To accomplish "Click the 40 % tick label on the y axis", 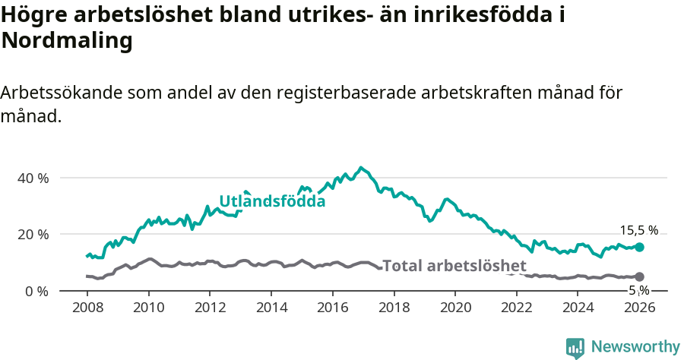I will pyautogui.click(x=33, y=178).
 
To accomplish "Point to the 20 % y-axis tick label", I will pyautogui.click(x=33, y=234).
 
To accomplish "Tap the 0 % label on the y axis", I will pyautogui.click(x=36, y=291).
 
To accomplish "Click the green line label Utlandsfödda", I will pyautogui.click(x=272, y=201).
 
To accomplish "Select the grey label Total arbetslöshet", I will pyautogui.click(x=454, y=266).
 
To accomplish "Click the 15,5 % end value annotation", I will pyautogui.click(x=638, y=230).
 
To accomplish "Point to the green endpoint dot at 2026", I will pyautogui.click(x=639, y=247).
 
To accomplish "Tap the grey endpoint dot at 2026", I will pyautogui.click(x=639, y=276).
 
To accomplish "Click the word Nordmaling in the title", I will pyautogui.click(x=67, y=41).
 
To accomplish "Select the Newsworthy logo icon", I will pyautogui.click(x=575, y=348).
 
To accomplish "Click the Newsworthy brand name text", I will pyautogui.click(x=635, y=347).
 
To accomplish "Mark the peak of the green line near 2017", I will pyautogui.click(x=361, y=167).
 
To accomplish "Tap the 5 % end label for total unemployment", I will pyautogui.click(x=638, y=290).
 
